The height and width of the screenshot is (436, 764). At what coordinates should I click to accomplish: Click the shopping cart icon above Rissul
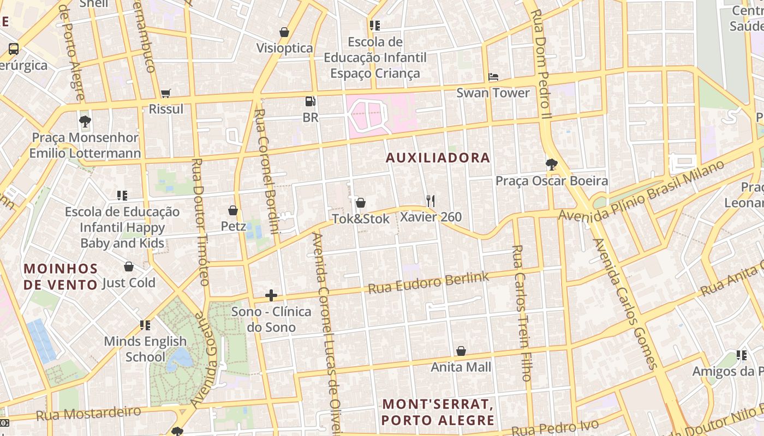[165, 93]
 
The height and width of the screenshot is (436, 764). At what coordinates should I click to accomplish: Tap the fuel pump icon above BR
[310, 101]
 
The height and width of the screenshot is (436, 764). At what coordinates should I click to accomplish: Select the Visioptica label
[285, 48]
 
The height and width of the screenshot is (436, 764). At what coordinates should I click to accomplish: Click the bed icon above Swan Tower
[493, 77]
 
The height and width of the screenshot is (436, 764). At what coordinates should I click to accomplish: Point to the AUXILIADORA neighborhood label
[438, 158]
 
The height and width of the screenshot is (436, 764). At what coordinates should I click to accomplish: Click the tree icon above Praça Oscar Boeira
[552, 164]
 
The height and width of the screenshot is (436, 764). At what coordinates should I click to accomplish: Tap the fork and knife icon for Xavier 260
[431, 201]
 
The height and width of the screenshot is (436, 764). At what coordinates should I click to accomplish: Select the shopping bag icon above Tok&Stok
[361, 203]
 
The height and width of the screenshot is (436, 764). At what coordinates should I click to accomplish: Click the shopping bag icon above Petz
[233, 210]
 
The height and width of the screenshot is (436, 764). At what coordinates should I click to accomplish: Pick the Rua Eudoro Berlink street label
[429, 282]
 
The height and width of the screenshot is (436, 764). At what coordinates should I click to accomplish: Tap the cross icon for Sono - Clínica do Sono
[271, 296]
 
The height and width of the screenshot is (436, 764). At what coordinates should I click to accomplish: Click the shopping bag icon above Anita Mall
[461, 351]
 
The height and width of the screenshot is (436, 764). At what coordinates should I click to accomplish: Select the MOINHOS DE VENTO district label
[61, 276]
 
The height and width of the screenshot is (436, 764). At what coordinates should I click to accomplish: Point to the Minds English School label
[145, 349]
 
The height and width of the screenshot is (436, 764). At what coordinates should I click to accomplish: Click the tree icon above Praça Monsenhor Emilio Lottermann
[85, 122]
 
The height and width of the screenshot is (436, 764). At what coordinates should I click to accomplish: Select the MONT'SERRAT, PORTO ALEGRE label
[438, 413]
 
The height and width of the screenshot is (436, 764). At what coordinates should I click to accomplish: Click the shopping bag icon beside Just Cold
[129, 267]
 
